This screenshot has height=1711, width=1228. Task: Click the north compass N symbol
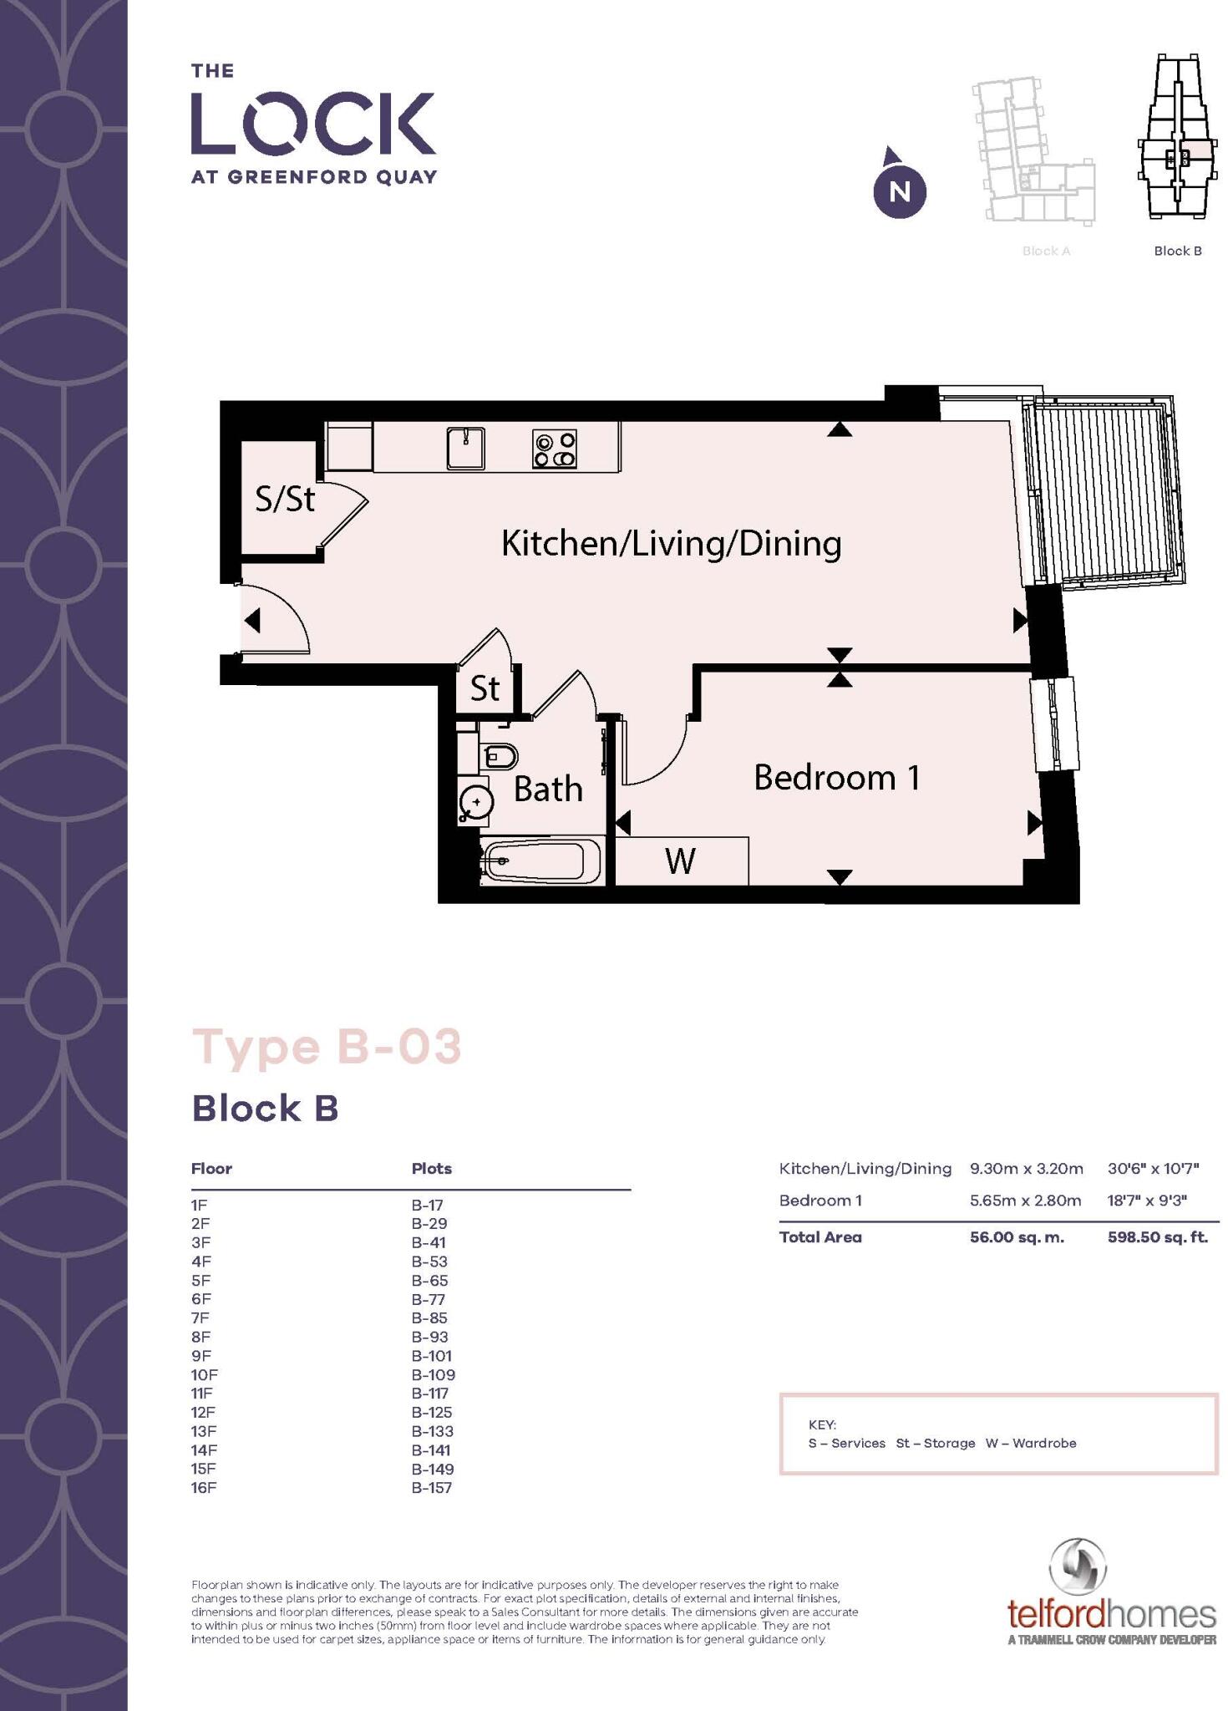pos(899,191)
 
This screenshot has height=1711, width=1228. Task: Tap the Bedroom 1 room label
pos(836,778)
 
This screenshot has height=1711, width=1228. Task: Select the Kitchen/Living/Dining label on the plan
pos(671,544)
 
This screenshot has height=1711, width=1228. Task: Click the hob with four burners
pos(555,449)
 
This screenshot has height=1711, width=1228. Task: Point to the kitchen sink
pos(465,448)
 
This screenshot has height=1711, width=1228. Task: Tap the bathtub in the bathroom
pos(541,861)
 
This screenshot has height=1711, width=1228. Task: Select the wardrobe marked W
pos(681,861)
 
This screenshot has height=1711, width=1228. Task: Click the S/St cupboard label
pos(285,500)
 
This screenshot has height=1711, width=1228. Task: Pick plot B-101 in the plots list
pos(431,1356)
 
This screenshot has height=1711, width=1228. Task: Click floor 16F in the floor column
pos(203,1488)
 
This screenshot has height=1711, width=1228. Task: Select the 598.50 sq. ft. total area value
pos(1157,1237)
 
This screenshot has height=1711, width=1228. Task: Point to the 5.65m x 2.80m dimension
pos(1025,1201)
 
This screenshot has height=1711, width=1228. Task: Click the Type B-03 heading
pos(327,1047)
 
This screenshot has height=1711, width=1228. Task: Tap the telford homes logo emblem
pos(1078,1567)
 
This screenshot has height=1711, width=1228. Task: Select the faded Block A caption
pos(1046,251)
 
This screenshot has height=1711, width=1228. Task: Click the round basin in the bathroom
pos(476,802)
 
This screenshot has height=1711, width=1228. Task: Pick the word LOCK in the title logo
pos(313,124)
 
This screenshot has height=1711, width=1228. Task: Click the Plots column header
pos(431,1169)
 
